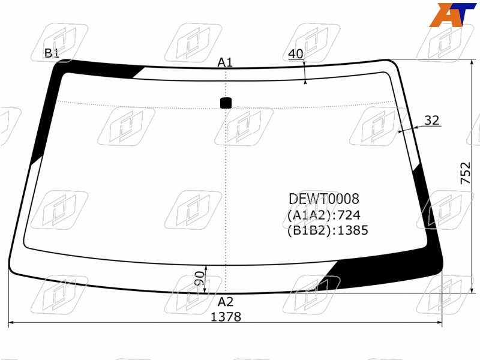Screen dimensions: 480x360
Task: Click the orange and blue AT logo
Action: coord(452,14)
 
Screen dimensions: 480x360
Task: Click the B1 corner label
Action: coord(52,53)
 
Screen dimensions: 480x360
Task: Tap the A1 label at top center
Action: coord(225,62)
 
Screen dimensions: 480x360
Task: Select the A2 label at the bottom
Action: coord(226,302)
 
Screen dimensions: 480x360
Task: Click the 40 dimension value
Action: coord(296,54)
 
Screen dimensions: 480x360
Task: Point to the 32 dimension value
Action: coord(432,121)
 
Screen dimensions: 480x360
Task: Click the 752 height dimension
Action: coord(466,173)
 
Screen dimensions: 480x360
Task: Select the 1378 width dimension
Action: coord(226,317)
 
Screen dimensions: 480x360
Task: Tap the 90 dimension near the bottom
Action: coord(199,278)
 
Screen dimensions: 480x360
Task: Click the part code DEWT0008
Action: coord(324,199)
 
